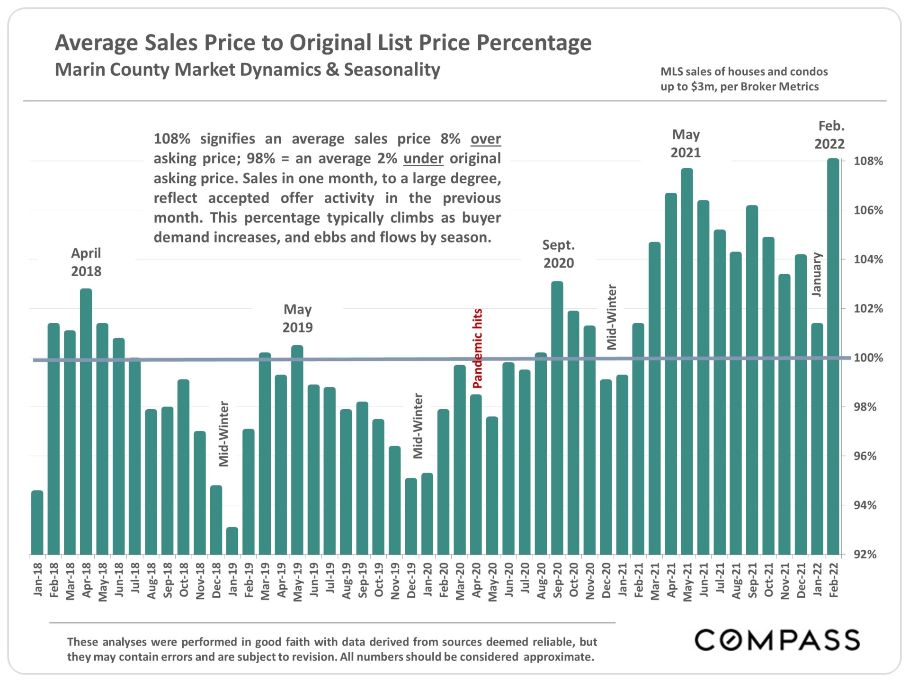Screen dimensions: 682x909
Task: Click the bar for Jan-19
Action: point(232,541)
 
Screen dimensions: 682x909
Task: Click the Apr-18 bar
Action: point(86,422)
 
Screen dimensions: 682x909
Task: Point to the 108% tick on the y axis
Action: point(868,161)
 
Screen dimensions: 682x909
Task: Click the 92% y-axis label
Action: point(865,555)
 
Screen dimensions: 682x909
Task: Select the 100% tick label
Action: point(868,358)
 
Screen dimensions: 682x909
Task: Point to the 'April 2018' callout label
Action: point(86,262)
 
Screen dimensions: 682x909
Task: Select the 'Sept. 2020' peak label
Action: point(558,254)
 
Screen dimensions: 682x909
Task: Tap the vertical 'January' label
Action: point(817,275)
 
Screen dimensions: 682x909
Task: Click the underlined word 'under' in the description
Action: point(423,158)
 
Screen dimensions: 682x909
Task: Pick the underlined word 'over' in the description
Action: point(485,139)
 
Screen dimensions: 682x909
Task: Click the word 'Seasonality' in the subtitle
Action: point(392,70)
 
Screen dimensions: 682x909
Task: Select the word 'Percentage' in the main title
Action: point(534,43)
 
